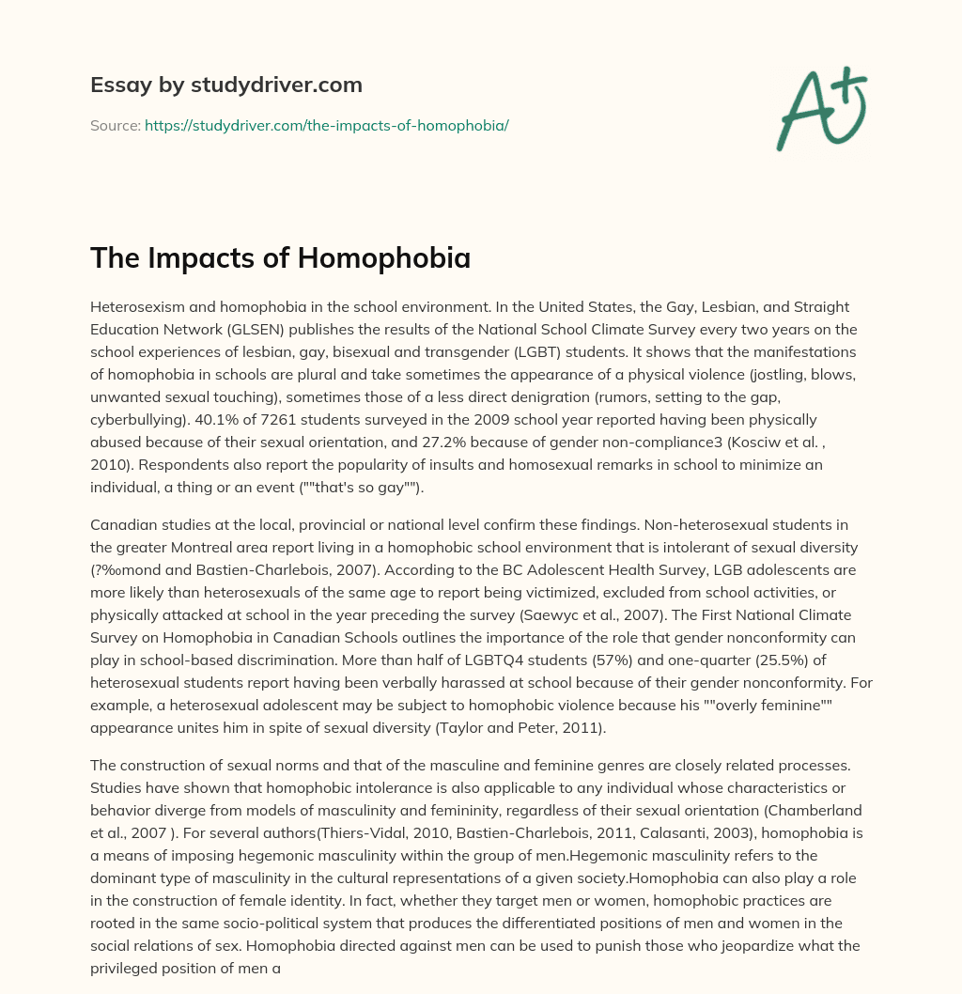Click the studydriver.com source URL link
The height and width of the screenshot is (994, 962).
326,125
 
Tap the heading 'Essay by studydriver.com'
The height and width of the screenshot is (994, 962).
226,85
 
